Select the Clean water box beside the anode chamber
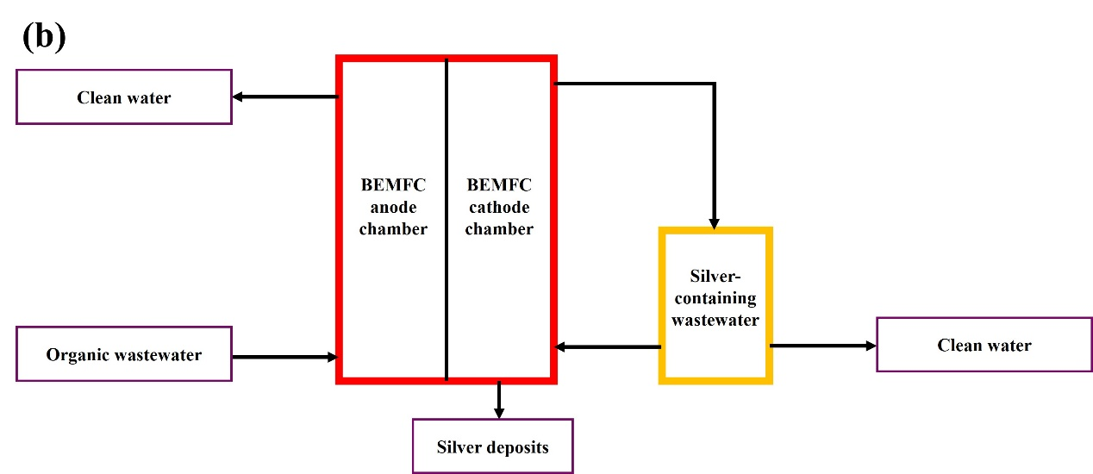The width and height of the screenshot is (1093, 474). pyautogui.click(x=124, y=97)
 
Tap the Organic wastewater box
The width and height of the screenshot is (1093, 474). pyautogui.click(x=124, y=354)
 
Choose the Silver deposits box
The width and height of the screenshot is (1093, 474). pyautogui.click(x=492, y=446)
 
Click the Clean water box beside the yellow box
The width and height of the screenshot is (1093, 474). pyautogui.click(x=984, y=345)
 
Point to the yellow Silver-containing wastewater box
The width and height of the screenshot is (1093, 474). pyautogui.click(x=715, y=304)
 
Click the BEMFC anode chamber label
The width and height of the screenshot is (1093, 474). pyautogui.click(x=394, y=207)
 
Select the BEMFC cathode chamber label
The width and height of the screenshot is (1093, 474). pyautogui.click(x=498, y=207)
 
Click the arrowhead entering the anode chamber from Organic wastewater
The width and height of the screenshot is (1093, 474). pyautogui.click(x=331, y=356)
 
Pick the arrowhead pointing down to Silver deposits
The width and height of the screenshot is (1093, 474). pyautogui.click(x=498, y=411)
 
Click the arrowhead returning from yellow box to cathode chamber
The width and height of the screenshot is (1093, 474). pyautogui.click(x=561, y=347)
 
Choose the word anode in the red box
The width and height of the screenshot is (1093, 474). pyautogui.click(x=394, y=207)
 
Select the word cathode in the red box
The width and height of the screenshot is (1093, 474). pyautogui.click(x=498, y=207)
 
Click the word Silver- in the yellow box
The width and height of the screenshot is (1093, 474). pyautogui.click(x=715, y=278)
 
